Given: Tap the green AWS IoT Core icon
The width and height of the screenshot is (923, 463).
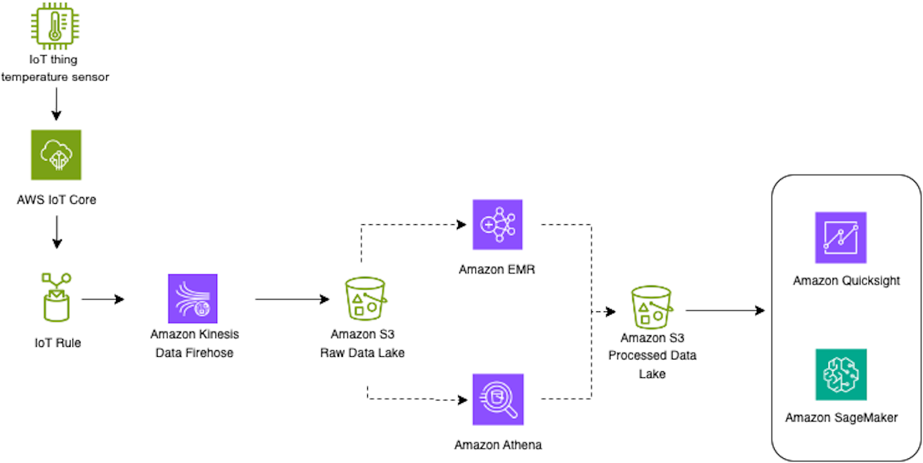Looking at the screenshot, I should pos(56,154).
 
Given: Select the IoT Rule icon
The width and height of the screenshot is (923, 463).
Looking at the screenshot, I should pos(56,297).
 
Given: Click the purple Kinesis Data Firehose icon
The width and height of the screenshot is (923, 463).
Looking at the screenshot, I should pos(193,298).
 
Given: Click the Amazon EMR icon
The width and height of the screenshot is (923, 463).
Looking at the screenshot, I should pos(498,225).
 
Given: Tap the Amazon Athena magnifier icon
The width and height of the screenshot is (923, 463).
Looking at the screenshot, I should pos(498,399).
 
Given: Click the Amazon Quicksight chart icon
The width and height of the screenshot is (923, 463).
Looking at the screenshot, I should pos(840,237).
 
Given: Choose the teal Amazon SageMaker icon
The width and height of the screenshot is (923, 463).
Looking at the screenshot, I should pos(840,374).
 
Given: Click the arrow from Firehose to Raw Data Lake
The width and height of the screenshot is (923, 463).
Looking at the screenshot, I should pos(291,299).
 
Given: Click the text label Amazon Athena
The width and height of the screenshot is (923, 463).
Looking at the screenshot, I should pos(498,445).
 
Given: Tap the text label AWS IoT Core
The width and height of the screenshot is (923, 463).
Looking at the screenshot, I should pos(56,199).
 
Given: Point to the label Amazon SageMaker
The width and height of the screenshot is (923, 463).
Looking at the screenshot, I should pos(841,417).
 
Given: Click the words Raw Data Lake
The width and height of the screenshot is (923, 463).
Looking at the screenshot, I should pos(363,353).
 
